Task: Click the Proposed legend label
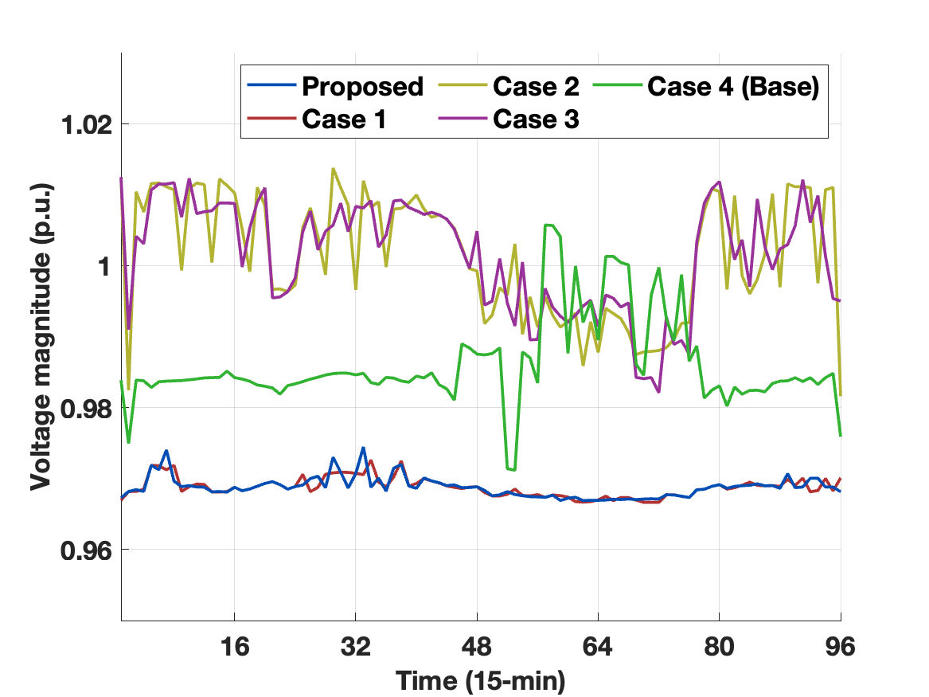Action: tap(362, 87)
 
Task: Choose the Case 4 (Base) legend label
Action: tap(732, 87)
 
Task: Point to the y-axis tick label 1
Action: tap(101, 267)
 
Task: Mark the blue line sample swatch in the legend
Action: tap(271, 87)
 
